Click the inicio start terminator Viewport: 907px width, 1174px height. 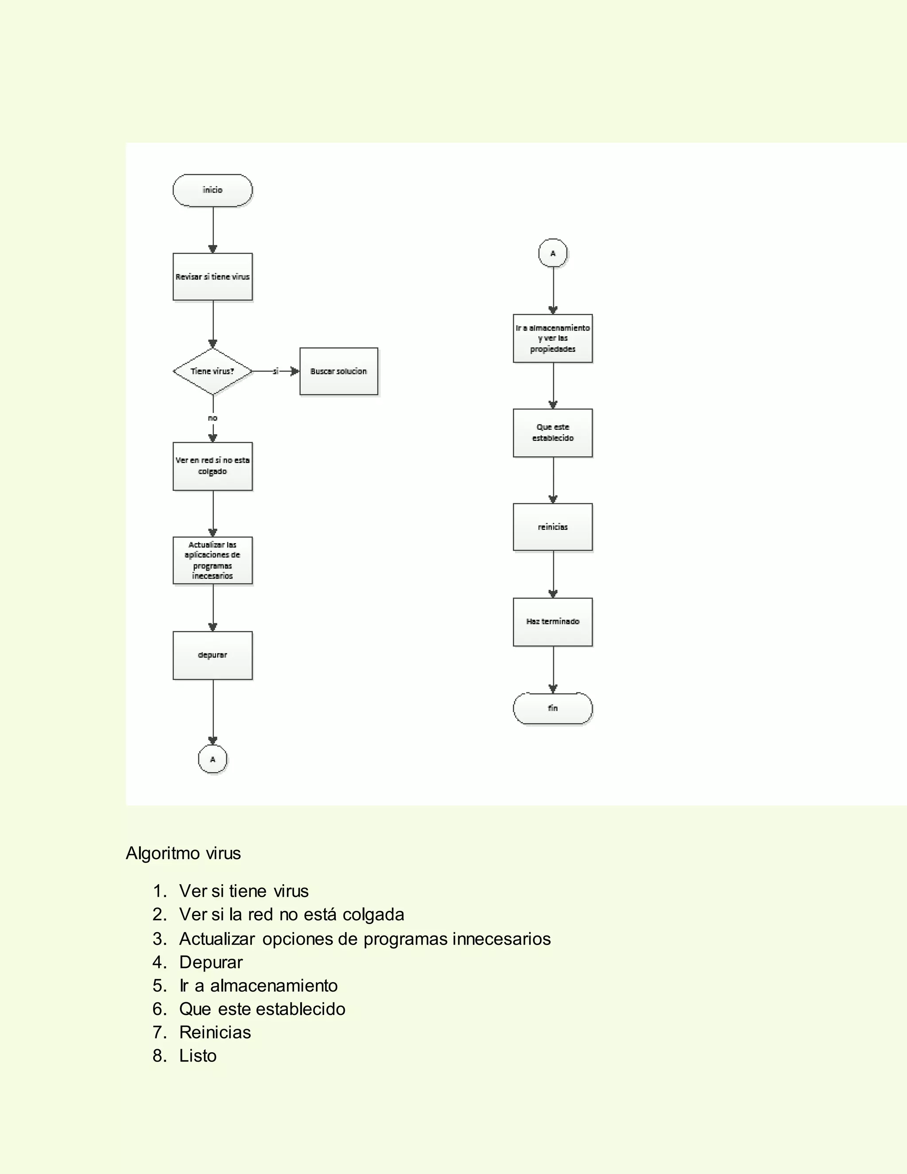click(x=212, y=190)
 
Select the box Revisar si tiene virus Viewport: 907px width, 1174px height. click(x=212, y=277)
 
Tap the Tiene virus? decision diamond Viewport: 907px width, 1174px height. click(x=212, y=371)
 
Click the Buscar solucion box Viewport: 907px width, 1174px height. click(x=338, y=371)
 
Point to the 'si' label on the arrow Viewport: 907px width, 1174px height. click(x=275, y=371)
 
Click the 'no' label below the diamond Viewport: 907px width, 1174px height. click(x=212, y=418)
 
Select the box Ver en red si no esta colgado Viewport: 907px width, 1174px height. click(x=212, y=466)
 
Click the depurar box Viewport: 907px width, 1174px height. click(x=212, y=655)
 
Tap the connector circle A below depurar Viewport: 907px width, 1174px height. click(x=212, y=759)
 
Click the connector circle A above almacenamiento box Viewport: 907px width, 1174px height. click(x=553, y=253)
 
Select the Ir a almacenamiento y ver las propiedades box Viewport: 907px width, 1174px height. click(x=553, y=338)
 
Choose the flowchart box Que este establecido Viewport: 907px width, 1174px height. click(x=553, y=433)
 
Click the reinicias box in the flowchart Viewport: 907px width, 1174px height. click(x=553, y=527)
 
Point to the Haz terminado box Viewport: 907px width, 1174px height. click(x=553, y=622)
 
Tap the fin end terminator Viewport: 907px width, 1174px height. click(x=553, y=708)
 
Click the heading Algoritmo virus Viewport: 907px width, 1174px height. click(x=183, y=853)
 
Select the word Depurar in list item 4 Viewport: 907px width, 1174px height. click(x=211, y=962)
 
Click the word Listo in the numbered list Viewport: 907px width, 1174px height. click(x=198, y=1055)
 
